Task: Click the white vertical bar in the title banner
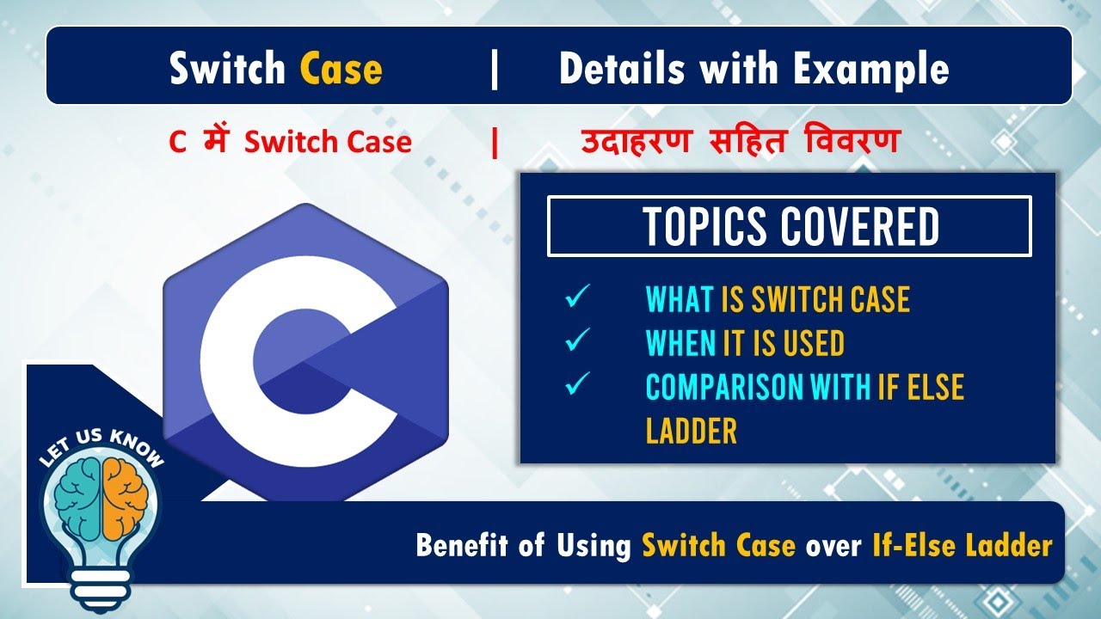494,69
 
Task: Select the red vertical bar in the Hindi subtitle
495,143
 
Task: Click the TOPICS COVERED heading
790,227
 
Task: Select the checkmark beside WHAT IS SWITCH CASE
575,298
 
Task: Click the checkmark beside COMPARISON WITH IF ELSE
575,385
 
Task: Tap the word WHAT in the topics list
680,299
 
